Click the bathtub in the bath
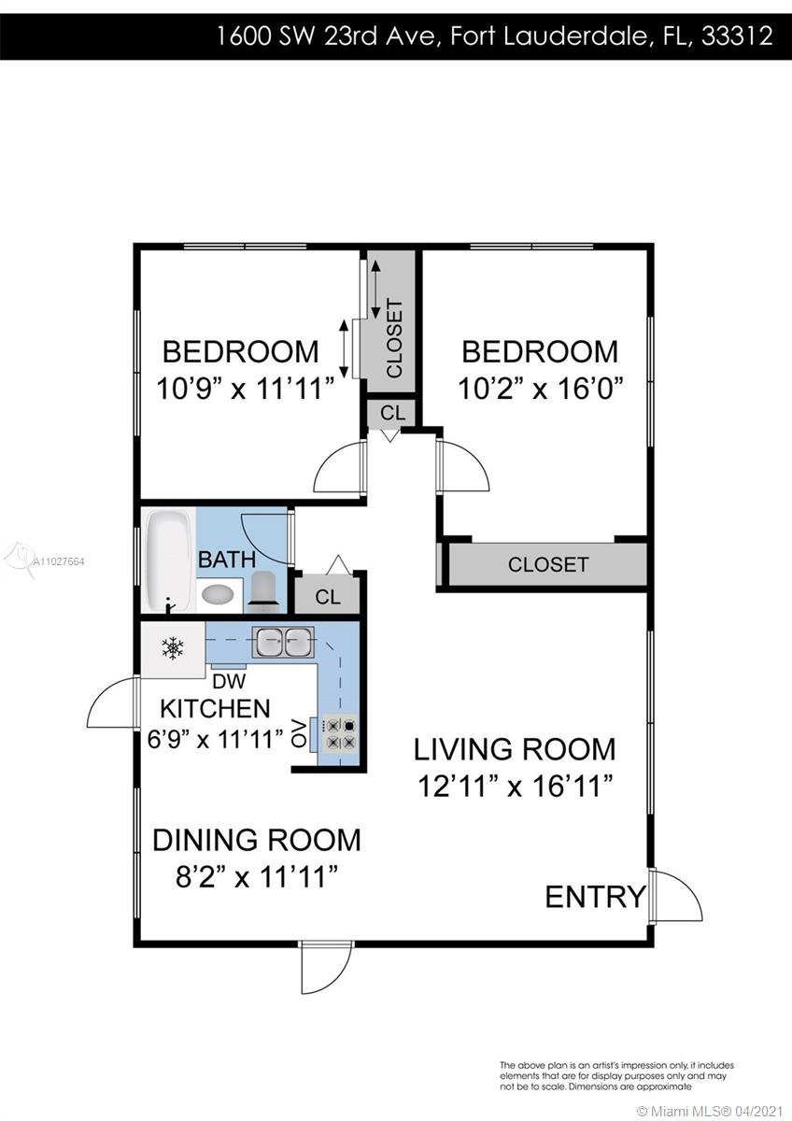(170, 560)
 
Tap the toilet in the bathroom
(263, 592)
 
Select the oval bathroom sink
(218, 595)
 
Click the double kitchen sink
(283, 642)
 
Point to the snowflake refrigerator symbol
(173, 648)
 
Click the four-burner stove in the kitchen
(340, 733)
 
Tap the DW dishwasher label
(229, 681)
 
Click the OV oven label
(299, 733)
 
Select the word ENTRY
(595, 896)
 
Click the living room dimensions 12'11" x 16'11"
(516, 786)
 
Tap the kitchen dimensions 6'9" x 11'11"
(216, 739)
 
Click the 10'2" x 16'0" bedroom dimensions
(541, 389)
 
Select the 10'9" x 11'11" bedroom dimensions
(245, 389)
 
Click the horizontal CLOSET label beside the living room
(548, 564)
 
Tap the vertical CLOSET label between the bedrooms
(394, 338)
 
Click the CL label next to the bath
(328, 597)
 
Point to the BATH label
(227, 559)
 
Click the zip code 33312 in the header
(737, 36)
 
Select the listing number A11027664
(59, 561)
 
